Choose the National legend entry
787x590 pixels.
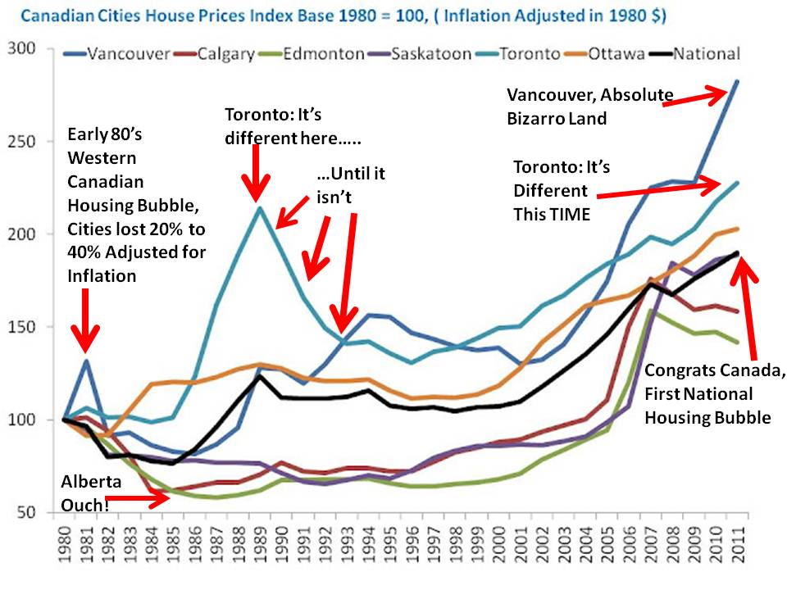point(705,54)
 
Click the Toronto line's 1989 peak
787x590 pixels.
point(259,207)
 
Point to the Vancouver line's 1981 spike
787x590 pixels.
point(86,361)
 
